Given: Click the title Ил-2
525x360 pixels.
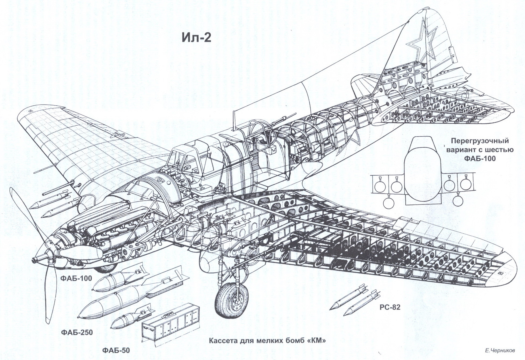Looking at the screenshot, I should point(196,38).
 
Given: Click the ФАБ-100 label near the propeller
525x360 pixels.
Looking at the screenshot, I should point(76,278).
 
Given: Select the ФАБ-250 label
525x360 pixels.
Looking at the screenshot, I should point(77,332).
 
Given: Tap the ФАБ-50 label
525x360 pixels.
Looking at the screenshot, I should point(116,350).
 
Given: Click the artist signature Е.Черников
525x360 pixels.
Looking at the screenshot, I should point(500,351).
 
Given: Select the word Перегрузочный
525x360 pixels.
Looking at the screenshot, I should point(480,141).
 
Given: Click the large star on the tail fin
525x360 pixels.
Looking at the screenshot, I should point(422,44).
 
